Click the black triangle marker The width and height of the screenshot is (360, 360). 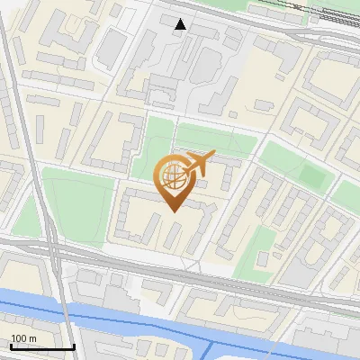[181, 24]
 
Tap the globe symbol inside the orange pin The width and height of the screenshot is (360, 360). [173, 176]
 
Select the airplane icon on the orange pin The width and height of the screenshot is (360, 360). [197, 165]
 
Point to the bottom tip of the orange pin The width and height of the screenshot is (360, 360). [173, 211]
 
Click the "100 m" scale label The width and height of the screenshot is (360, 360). [23, 337]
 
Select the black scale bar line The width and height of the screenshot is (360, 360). [42, 346]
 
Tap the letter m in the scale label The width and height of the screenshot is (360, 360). [33, 337]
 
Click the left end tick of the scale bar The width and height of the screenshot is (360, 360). [11, 345]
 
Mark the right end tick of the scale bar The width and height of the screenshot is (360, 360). [74, 345]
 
